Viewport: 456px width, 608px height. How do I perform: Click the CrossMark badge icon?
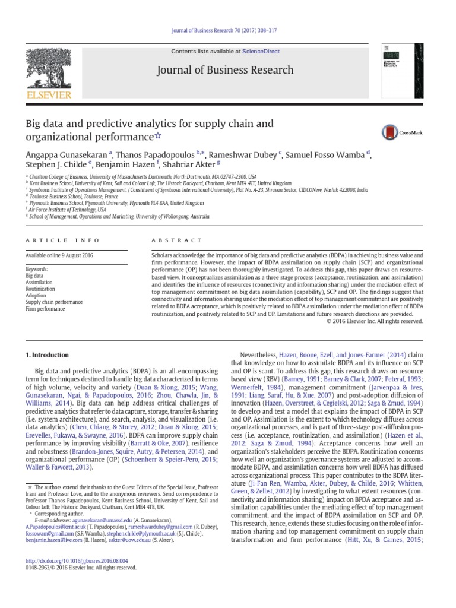[x=389, y=132]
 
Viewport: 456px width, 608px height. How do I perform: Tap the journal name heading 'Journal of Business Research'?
[x=224, y=70]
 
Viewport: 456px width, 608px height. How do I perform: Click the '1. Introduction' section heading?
[x=47, y=355]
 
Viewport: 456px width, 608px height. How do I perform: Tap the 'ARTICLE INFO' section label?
[x=55, y=240]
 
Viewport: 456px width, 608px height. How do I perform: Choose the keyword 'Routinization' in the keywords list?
[x=40, y=289]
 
